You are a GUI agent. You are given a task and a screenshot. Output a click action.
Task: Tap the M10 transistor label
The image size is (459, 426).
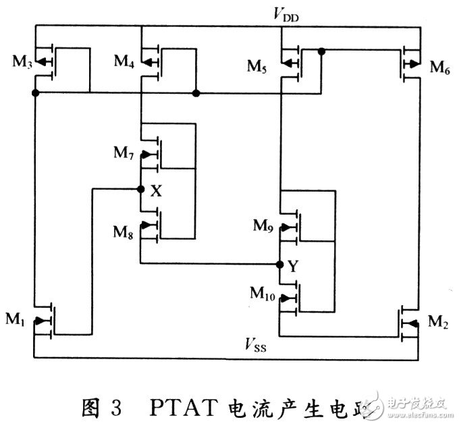coord(265,293)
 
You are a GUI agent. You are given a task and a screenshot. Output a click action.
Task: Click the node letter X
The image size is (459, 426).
coord(156,192)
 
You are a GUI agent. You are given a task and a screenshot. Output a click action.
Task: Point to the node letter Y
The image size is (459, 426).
coord(294,267)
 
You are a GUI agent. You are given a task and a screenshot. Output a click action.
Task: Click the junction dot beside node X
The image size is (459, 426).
coord(141,189)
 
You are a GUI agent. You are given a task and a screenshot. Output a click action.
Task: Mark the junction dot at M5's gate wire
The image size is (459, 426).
coord(322,51)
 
